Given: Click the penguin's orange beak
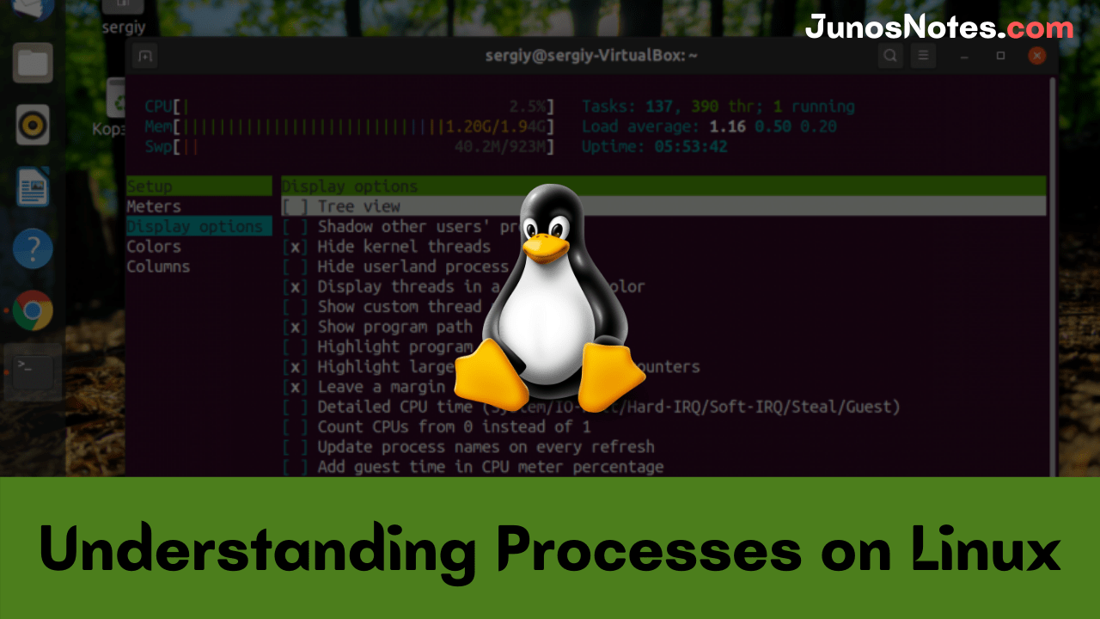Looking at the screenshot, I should (x=547, y=248).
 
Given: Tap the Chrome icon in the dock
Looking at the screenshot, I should (x=33, y=311).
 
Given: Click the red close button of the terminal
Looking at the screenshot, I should (x=1037, y=56).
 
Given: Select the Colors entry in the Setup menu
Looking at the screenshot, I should (x=154, y=247).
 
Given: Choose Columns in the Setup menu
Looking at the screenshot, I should (x=158, y=267).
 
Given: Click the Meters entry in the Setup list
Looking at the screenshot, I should (x=154, y=206).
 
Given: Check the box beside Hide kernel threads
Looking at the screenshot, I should (x=295, y=247).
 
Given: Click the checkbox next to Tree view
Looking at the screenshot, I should (x=295, y=206).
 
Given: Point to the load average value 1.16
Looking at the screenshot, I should (x=727, y=126).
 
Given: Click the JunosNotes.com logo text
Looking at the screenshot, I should (x=939, y=28).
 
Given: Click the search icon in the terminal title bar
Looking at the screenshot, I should (x=890, y=56).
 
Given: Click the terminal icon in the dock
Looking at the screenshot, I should (x=33, y=371).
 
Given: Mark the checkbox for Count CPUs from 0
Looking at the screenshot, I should (x=295, y=427).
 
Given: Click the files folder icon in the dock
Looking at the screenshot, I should (x=33, y=63).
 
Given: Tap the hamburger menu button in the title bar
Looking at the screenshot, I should (x=923, y=56).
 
